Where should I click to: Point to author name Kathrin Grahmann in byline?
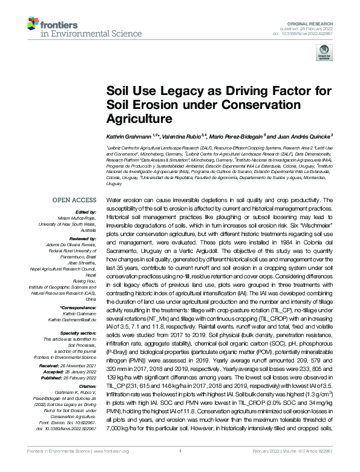click(129, 136)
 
